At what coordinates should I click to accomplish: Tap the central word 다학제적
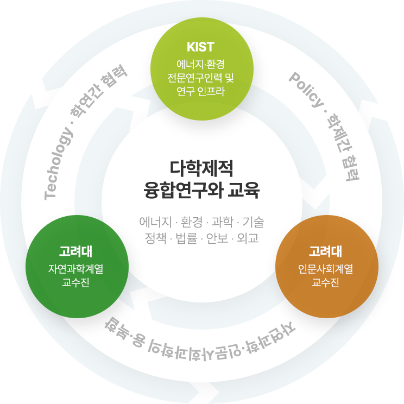(201, 169)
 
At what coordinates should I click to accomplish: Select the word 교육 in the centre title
(247, 191)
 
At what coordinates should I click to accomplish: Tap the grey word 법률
(186, 238)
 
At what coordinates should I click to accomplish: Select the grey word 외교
(248, 238)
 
